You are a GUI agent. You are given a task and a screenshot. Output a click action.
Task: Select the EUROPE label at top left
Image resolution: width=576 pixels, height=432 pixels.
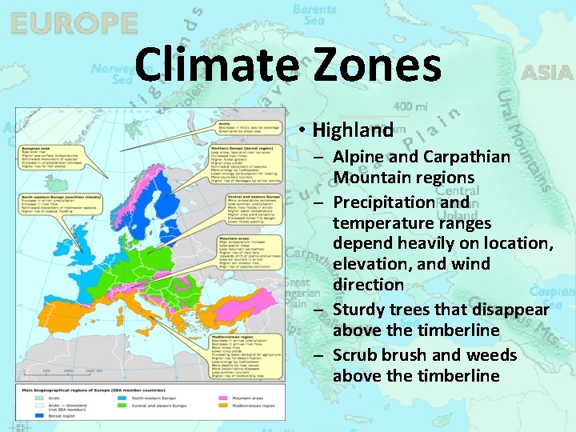pyautogui.click(x=74, y=23)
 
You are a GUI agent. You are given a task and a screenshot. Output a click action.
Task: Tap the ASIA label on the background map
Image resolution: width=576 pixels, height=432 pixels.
pyautogui.click(x=547, y=73)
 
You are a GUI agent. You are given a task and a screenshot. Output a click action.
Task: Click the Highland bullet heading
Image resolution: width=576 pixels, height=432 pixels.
pyautogui.click(x=353, y=130)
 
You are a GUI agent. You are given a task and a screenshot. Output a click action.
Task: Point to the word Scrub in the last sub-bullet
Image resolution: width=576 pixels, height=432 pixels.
pyautogui.click(x=357, y=354)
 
